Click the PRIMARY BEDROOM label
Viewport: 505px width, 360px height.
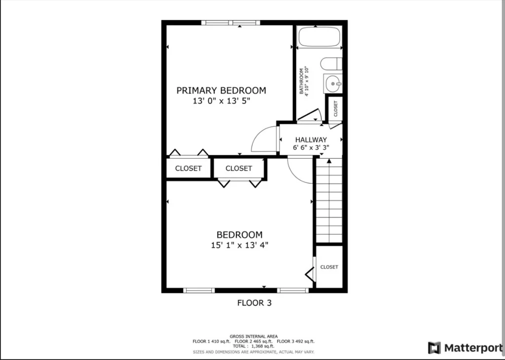(221, 90)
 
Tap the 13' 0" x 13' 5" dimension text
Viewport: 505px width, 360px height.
(221, 101)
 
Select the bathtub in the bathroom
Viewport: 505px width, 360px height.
(319, 36)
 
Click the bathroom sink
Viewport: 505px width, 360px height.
(333, 84)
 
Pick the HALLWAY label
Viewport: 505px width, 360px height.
(311, 140)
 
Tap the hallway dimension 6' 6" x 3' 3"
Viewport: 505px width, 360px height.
(311, 148)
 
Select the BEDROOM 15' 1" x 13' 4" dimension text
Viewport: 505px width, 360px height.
(240, 246)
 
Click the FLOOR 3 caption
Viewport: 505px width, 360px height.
(254, 303)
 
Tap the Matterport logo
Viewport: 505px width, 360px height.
(466, 348)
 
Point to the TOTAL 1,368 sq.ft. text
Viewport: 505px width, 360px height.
(254, 346)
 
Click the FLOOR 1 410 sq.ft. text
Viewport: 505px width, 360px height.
(212, 341)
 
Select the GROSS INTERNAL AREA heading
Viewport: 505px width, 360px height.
(254, 336)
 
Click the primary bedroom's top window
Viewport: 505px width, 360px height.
(231, 23)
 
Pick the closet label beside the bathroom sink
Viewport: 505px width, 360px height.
(335, 109)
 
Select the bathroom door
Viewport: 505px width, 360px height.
(309, 115)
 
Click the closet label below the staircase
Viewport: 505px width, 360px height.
(329, 267)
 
